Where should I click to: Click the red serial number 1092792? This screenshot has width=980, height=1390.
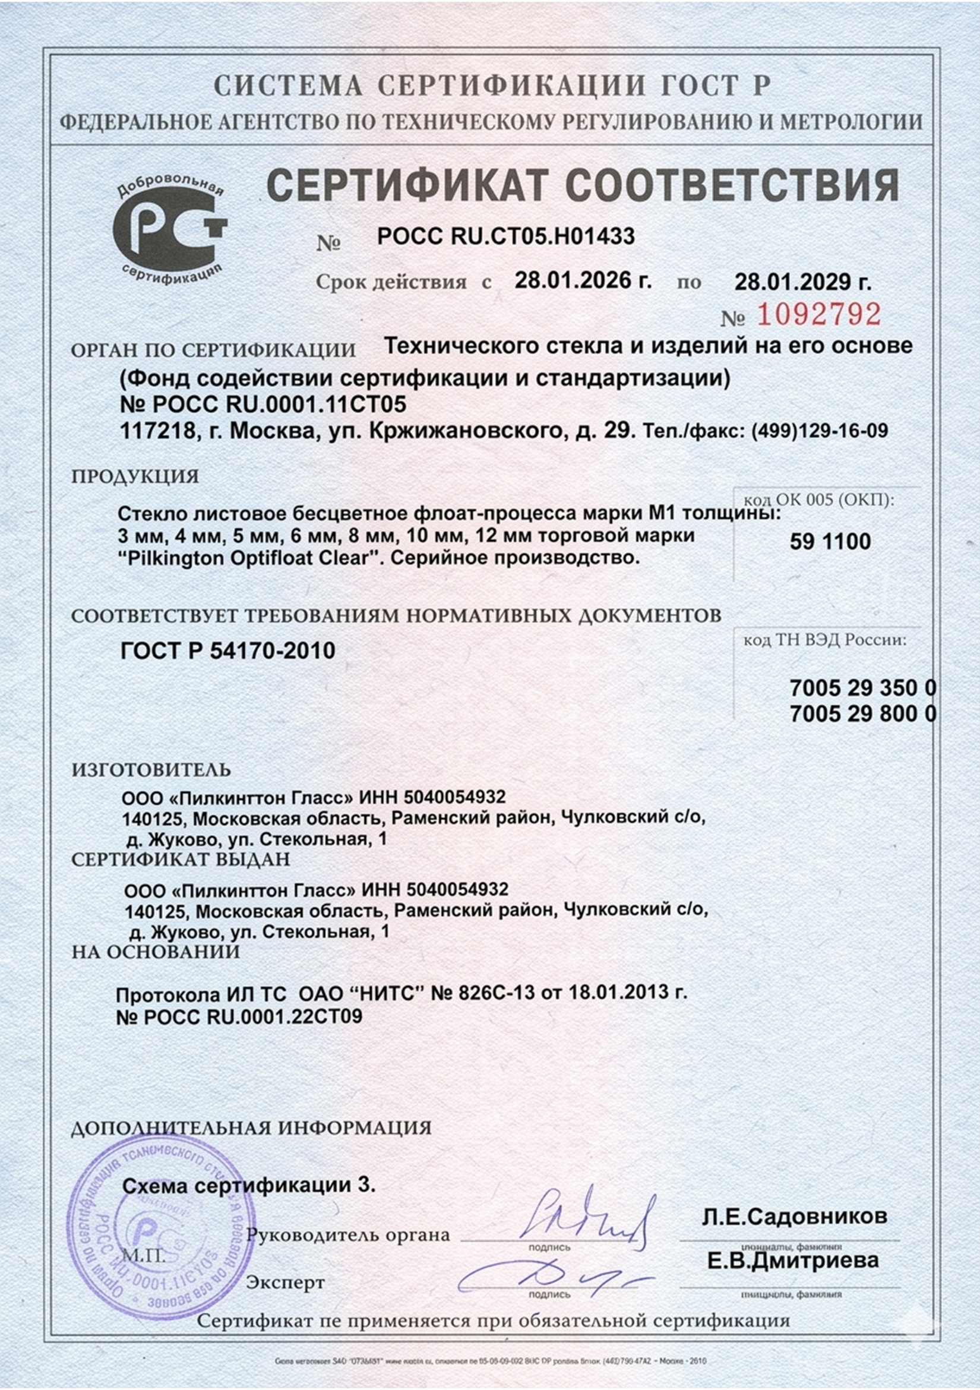(x=819, y=314)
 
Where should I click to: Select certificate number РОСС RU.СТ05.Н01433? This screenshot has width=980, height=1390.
(x=505, y=236)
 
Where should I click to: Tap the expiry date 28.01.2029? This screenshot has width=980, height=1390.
(x=802, y=282)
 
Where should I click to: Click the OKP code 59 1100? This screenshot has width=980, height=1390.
(x=830, y=541)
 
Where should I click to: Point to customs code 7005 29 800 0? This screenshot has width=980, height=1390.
(x=862, y=715)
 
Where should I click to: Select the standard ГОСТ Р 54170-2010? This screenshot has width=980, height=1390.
(x=228, y=651)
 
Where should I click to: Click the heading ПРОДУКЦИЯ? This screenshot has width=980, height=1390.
(x=135, y=476)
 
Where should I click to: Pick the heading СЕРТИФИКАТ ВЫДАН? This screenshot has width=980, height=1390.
(x=181, y=859)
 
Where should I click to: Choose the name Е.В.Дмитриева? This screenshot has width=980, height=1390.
(x=793, y=1261)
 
